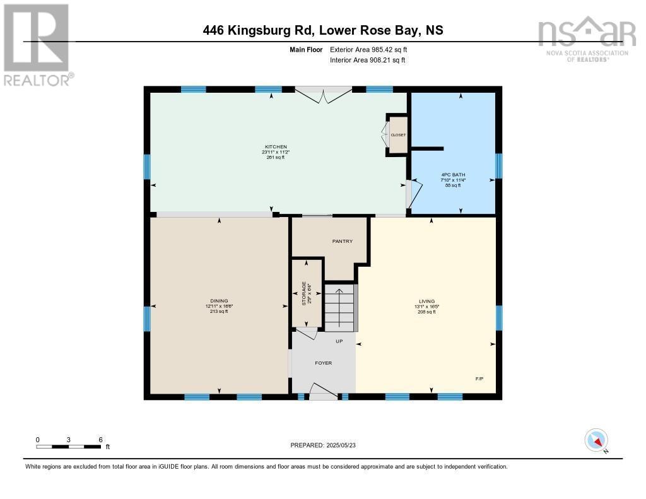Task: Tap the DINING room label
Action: click(x=219, y=301)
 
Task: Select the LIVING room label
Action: click(x=426, y=301)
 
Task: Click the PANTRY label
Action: click(x=342, y=241)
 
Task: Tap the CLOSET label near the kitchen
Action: click(x=398, y=135)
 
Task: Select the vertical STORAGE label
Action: click(x=303, y=293)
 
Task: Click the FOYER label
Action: click(x=323, y=363)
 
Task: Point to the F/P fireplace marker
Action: click(x=479, y=379)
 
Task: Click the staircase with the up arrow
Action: click(x=340, y=307)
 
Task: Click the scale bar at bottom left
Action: click(x=69, y=447)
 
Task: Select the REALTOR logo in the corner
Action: click(x=37, y=44)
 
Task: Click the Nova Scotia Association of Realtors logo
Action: click(x=586, y=39)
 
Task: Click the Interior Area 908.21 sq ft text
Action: click(x=367, y=60)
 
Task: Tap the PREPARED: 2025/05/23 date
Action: click(x=327, y=445)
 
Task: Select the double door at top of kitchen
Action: click(x=323, y=95)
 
